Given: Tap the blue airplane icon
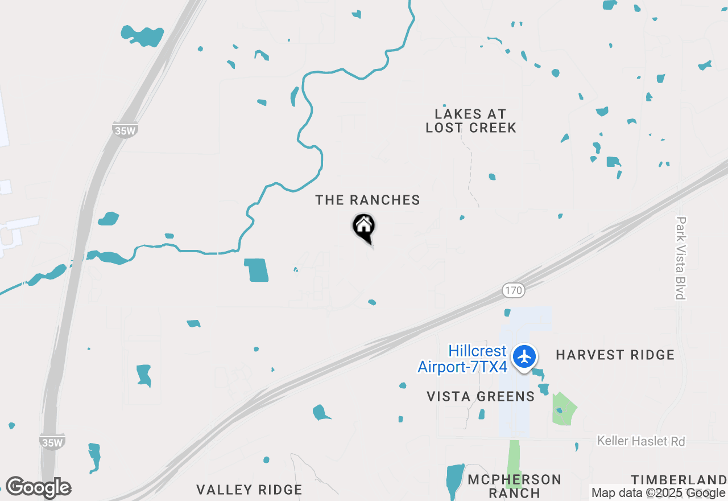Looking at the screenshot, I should point(524,357).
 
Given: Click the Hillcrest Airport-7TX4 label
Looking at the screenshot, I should point(462,359).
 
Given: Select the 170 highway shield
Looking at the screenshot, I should point(513,291).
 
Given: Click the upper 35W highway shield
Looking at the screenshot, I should point(125,130).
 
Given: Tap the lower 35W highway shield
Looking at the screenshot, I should point(52,442).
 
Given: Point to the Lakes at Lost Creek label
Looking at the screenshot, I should point(471,121).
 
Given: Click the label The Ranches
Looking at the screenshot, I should point(368,200).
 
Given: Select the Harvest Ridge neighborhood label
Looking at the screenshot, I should point(615,355).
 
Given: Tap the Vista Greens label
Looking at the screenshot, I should point(481,397).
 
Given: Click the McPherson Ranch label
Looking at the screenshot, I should point(514,486).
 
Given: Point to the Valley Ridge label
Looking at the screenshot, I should point(249,490).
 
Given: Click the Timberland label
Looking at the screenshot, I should point(679,479).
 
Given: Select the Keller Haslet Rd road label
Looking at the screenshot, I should point(641,441).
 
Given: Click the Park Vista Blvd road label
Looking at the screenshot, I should point(681,258).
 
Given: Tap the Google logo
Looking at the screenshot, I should point(38,487).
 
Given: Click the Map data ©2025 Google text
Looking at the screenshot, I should point(659,493).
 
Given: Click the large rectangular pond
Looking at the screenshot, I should point(256,270).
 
